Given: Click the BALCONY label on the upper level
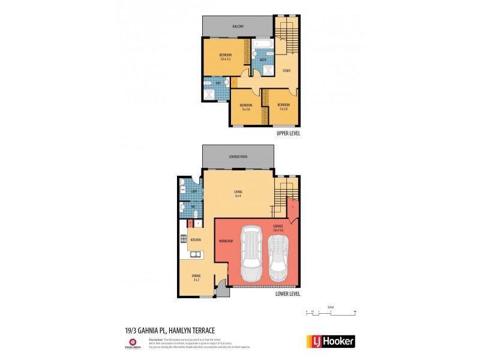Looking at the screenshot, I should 238,26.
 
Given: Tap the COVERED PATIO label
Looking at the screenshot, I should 238,157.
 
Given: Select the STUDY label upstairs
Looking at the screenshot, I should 287,71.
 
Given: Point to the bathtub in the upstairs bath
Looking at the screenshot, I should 262,44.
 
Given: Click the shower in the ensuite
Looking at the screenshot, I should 211,94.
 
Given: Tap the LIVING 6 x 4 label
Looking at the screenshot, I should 238,194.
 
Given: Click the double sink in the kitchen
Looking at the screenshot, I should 195,254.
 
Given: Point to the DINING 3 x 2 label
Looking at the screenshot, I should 196,277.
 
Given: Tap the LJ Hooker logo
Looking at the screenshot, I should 331,341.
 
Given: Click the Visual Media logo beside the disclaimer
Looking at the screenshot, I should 133,344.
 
